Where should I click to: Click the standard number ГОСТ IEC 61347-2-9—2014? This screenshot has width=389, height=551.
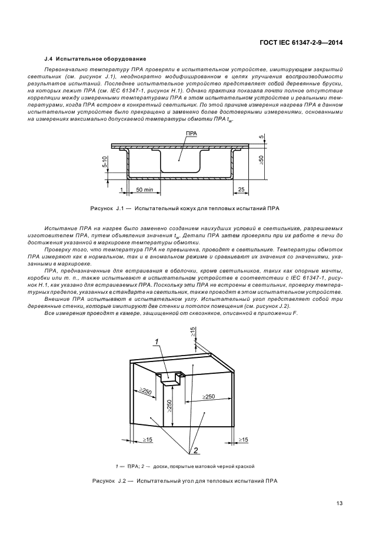302,43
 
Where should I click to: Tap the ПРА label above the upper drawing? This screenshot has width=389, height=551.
191,134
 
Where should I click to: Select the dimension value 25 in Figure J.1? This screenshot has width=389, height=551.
241,190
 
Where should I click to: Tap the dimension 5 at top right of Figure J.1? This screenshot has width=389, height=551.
261,138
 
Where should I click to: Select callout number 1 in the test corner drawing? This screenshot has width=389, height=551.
156,342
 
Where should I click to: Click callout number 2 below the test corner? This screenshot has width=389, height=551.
191,450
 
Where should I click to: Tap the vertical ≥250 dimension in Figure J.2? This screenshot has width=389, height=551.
168,406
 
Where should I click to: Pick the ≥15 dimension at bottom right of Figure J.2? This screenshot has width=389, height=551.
243,440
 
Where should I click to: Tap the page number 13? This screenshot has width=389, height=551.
340,503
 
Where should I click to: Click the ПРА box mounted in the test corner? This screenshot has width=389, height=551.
169,380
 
